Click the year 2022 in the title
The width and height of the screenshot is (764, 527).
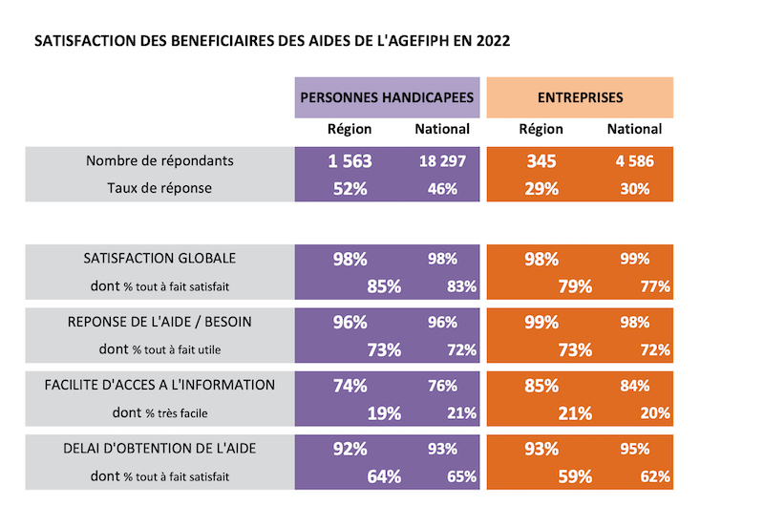[x=493, y=41]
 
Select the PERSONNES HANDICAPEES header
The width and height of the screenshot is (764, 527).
[x=387, y=97]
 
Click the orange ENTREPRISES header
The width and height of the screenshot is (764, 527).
[x=580, y=97]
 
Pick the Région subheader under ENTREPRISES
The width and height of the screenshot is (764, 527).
[x=541, y=129]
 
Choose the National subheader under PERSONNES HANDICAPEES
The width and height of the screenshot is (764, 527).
[x=442, y=129]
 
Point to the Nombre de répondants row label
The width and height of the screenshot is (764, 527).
[x=159, y=160]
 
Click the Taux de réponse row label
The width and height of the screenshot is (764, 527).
[x=159, y=188]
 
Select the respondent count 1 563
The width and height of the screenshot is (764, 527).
[x=350, y=161]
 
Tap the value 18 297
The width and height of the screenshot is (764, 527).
[x=442, y=161]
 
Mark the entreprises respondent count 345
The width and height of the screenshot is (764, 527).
[x=541, y=161]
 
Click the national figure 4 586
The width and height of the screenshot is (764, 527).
[x=634, y=161]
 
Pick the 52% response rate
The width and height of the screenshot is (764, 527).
[x=350, y=188]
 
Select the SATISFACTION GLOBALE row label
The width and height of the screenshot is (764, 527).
[x=159, y=258]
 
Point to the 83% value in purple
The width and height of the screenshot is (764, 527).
[x=462, y=286]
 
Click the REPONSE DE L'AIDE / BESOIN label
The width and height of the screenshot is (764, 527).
[x=159, y=322]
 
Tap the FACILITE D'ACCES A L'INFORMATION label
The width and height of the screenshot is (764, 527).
[x=159, y=386]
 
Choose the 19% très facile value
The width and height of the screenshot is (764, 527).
[x=384, y=413]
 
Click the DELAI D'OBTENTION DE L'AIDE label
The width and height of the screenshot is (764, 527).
[x=159, y=449]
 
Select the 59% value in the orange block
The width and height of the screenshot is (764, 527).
[x=575, y=476]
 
